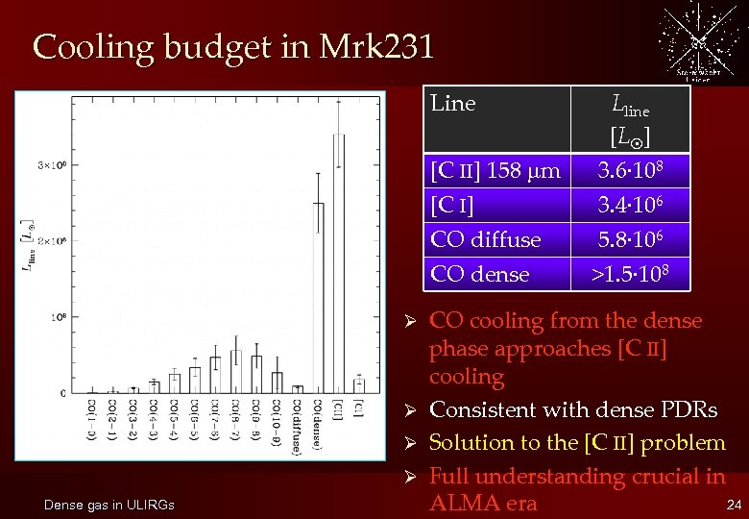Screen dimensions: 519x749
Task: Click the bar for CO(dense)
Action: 318,298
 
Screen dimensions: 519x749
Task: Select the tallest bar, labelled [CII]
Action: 338,263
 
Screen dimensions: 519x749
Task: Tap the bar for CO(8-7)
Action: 235,375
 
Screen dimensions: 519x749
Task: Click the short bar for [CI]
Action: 358,385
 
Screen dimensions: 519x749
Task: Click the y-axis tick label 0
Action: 62,393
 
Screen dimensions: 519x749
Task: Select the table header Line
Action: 453,104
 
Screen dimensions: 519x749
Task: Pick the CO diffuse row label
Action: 486,239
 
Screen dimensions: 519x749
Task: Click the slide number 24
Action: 733,505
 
